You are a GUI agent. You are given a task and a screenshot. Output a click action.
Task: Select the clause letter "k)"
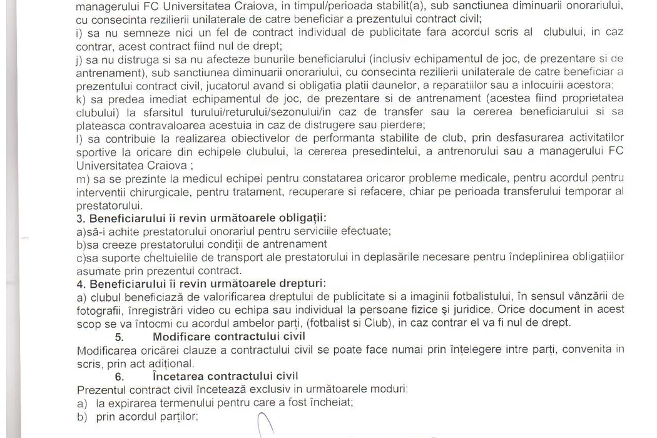(x=80, y=97)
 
